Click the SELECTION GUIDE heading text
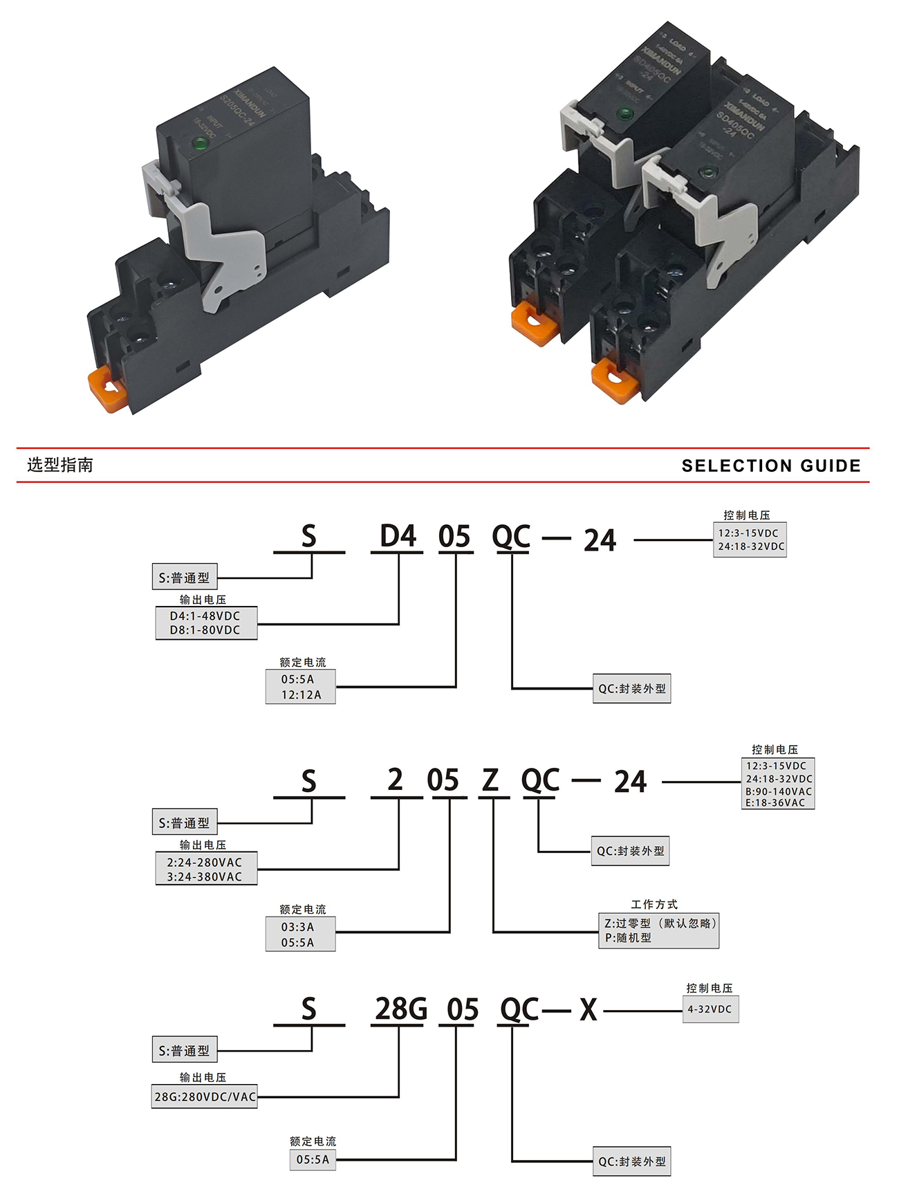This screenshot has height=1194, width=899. point(771,466)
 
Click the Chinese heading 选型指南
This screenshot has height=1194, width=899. point(60,465)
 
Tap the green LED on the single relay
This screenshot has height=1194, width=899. point(201,143)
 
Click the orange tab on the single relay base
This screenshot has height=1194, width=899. point(105,388)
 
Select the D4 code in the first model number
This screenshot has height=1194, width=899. point(398,537)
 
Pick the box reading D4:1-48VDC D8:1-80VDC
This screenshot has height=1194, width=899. point(206,623)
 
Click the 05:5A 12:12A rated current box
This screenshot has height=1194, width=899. point(300,687)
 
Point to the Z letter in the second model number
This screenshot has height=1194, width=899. point(490,781)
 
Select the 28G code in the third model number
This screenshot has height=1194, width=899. point(400,1009)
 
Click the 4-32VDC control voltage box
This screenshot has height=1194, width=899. point(710,1009)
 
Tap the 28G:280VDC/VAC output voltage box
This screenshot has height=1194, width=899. point(205,1096)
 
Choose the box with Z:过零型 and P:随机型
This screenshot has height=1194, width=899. point(658,930)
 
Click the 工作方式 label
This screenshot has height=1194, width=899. point(654,904)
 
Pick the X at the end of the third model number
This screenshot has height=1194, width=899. point(588,1010)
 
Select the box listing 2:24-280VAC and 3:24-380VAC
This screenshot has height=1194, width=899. point(206,869)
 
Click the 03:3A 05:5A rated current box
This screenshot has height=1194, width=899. point(300,935)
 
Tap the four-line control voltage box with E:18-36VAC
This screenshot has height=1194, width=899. point(778,784)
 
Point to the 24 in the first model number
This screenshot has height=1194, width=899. point(600,541)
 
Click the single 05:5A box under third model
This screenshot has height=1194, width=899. point(313,1159)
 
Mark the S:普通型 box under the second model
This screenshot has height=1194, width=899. point(184,823)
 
